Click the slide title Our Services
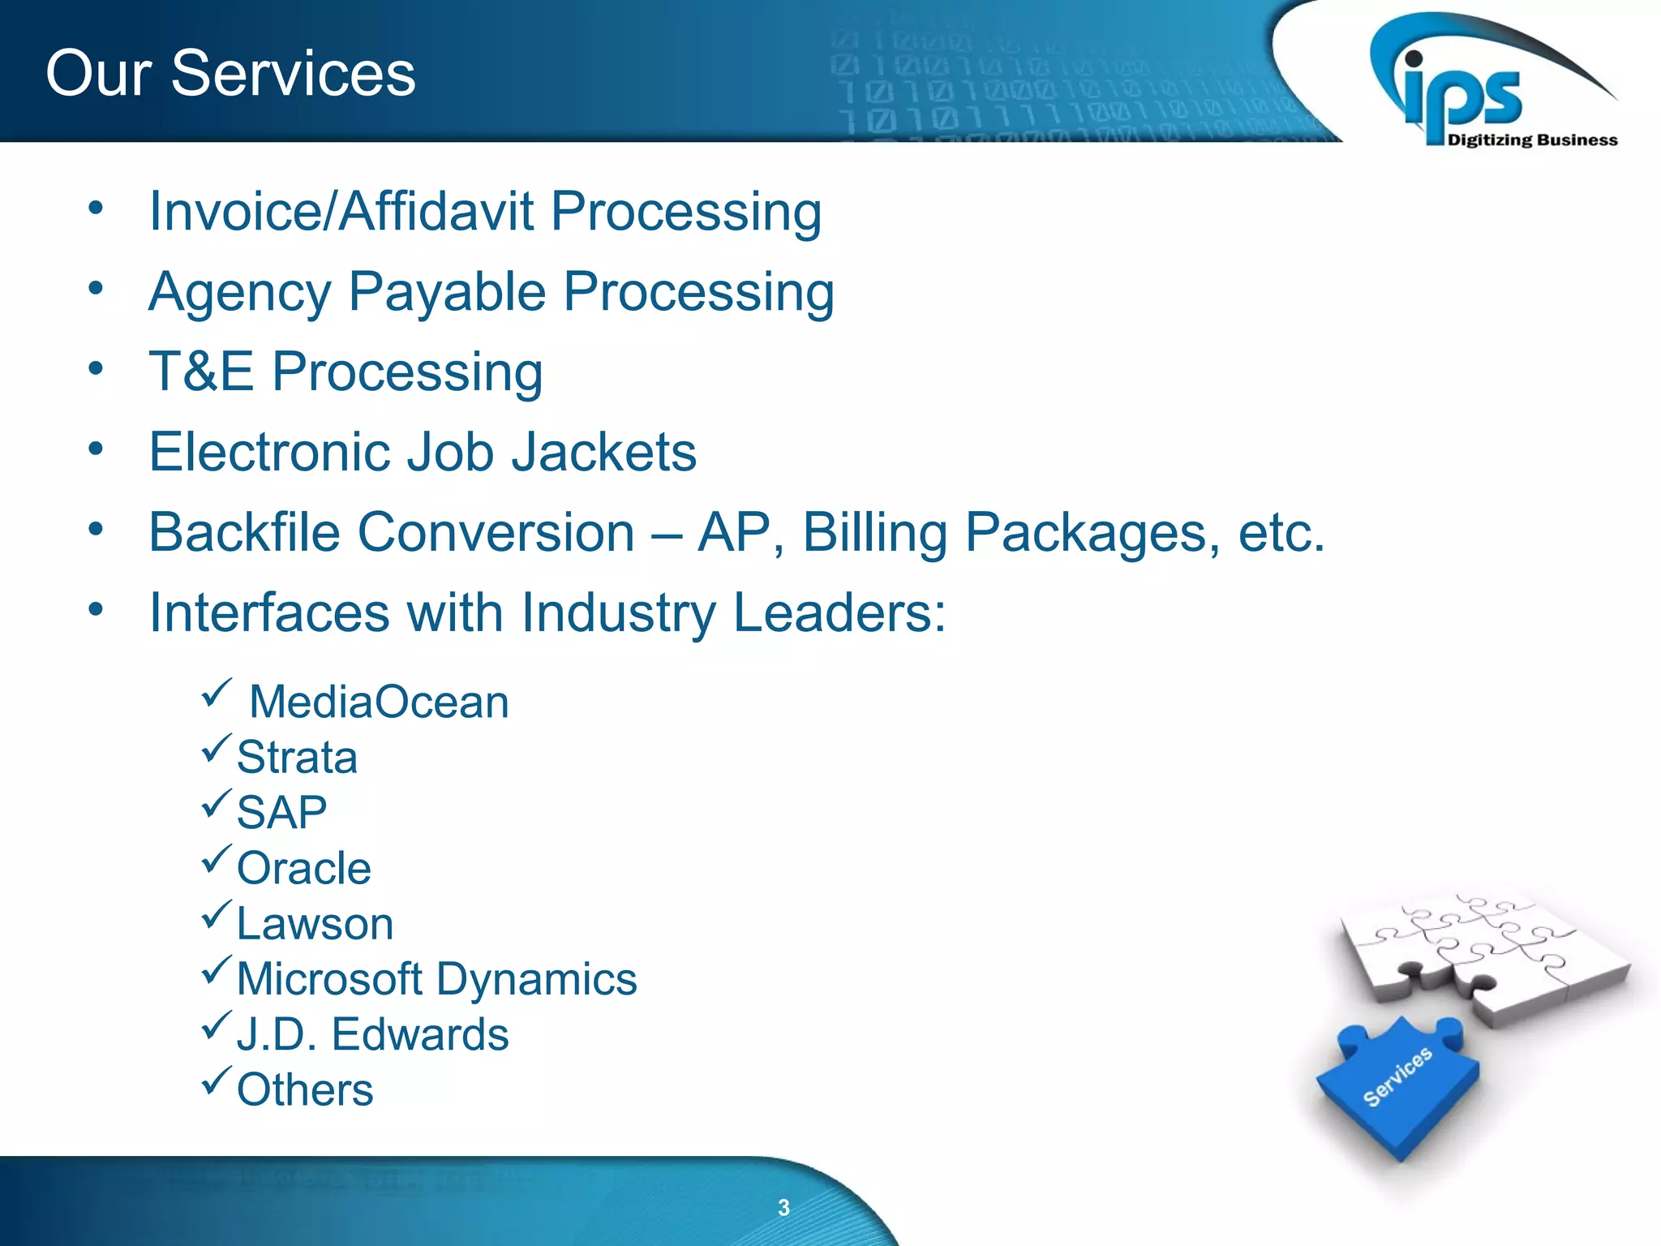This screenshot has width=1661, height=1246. pos(230,73)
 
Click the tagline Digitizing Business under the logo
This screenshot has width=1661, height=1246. pos(1532,140)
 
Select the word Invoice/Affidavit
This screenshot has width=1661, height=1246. pos(341,212)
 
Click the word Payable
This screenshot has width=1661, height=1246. pos(447,292)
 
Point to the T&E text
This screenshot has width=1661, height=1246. pos(200,372)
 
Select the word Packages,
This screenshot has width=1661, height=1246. pos(1092,533)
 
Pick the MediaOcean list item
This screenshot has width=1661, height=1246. pos(379,702)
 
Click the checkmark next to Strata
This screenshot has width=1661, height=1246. pos(217,749)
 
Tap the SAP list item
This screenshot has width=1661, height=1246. pos(281,812)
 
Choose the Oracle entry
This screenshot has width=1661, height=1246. pos(303,868)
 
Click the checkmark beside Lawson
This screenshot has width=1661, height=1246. pos(217,915)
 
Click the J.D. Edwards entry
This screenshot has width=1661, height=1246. pos(372,1034)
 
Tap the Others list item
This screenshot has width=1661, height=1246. pos(305,1089)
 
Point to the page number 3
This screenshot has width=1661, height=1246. pos(783,1208)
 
